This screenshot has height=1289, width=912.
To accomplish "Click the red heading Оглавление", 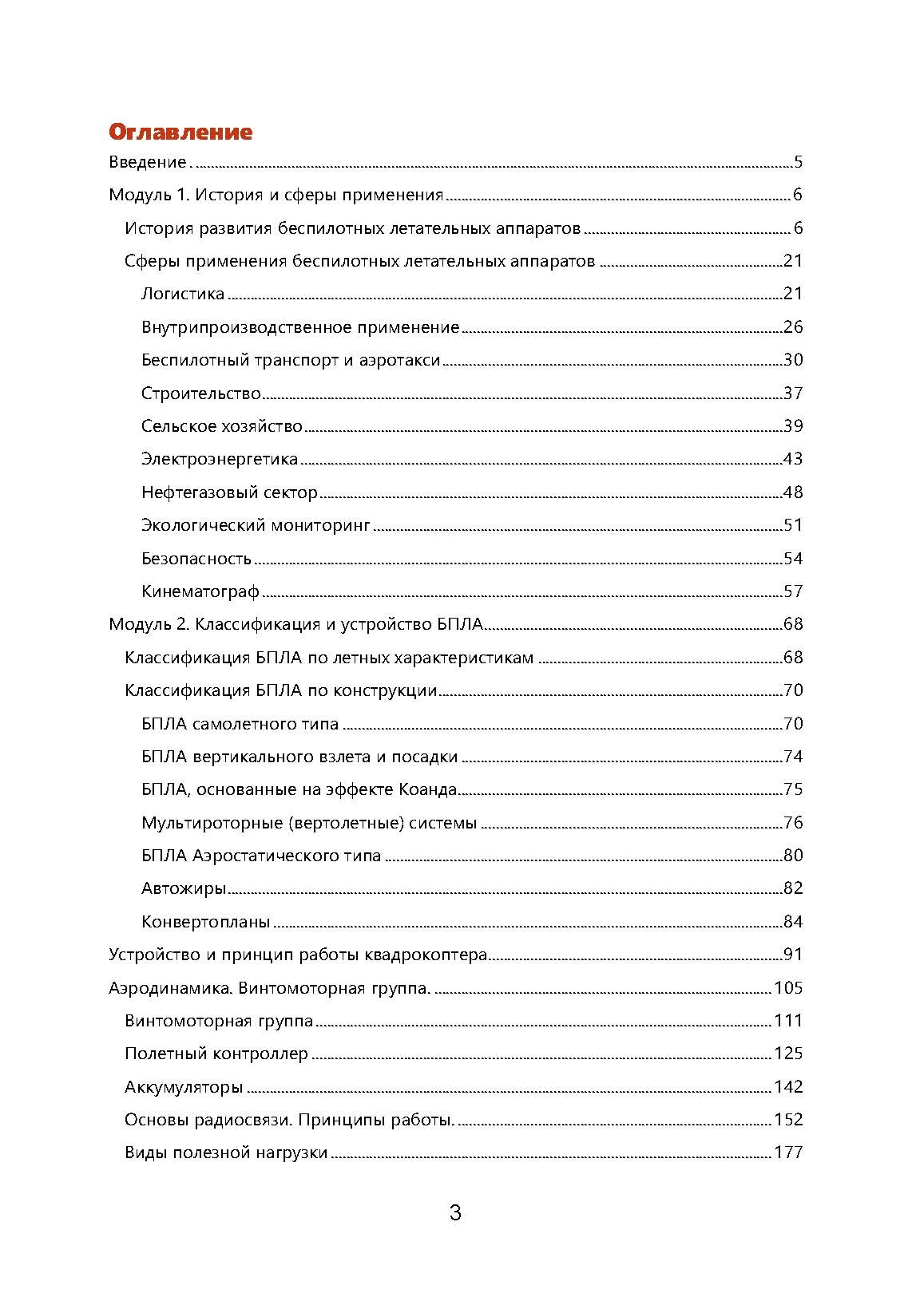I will point(180,132).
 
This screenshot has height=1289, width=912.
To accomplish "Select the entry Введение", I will point(148,163).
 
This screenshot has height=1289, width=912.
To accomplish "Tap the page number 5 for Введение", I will point(798,163).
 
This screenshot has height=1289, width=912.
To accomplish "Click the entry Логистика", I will point(183,294).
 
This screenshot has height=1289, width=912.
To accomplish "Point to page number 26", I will point(792,327).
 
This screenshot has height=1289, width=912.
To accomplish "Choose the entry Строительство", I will point(201,393).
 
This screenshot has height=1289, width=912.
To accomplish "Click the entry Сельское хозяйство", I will point(222,426).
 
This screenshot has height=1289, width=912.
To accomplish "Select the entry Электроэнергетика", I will point(220,459).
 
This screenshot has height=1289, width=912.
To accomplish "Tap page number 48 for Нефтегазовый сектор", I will point(792,492).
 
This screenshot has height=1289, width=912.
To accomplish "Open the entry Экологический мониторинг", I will point(256,525).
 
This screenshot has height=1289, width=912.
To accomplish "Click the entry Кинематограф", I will point(200,591).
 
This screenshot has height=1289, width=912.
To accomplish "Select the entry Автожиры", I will point(184,888).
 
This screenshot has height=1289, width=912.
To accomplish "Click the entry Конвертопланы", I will point(205,922).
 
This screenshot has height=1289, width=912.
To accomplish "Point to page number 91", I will point(792,955).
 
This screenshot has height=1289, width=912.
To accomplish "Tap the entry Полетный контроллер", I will point(216,1054).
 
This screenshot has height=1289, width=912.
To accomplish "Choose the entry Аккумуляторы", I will point(184,1087).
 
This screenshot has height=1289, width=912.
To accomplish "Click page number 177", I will point(788,1153).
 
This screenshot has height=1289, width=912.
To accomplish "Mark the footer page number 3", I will point(455,1214).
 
